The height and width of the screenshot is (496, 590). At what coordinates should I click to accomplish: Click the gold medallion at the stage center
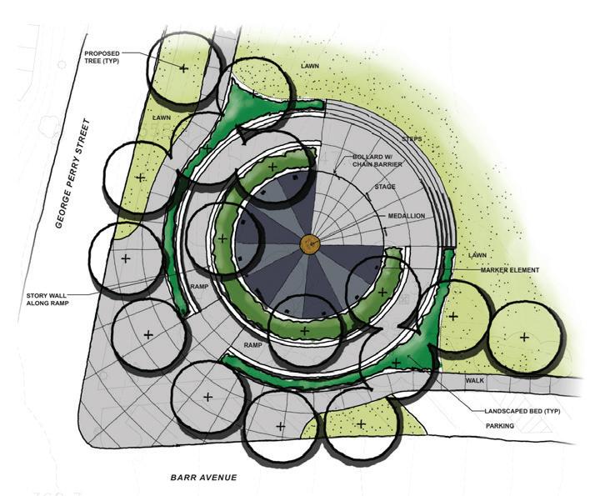click(309, 243)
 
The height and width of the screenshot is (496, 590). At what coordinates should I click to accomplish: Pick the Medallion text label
click(406, 216)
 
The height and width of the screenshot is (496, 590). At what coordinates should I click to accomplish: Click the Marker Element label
click(510, 270)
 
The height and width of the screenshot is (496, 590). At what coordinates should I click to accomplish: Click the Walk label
click(475, 381)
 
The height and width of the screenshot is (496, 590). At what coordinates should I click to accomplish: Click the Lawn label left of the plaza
click(162, 118)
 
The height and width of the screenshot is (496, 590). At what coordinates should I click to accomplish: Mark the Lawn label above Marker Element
click(477, 255)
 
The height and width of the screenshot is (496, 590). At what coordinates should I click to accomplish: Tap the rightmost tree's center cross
click(524, 337)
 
